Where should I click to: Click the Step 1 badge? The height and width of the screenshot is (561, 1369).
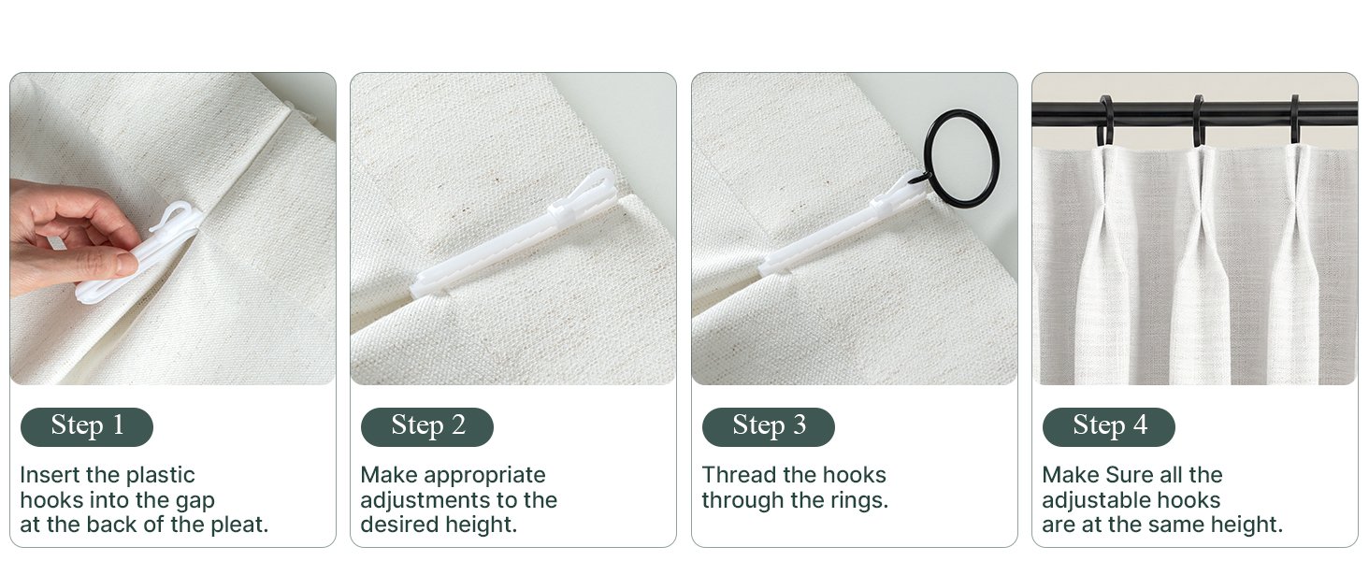click(87, 426)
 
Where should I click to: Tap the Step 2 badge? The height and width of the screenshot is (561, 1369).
click(427, 426)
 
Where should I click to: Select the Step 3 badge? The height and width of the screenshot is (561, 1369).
click(769, 426)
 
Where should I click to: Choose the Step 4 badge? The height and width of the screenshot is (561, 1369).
click(1109, 426)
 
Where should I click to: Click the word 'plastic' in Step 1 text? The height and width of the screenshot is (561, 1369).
click(160, 475)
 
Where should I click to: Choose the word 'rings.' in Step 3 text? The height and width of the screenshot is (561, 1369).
click(858, 500)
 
